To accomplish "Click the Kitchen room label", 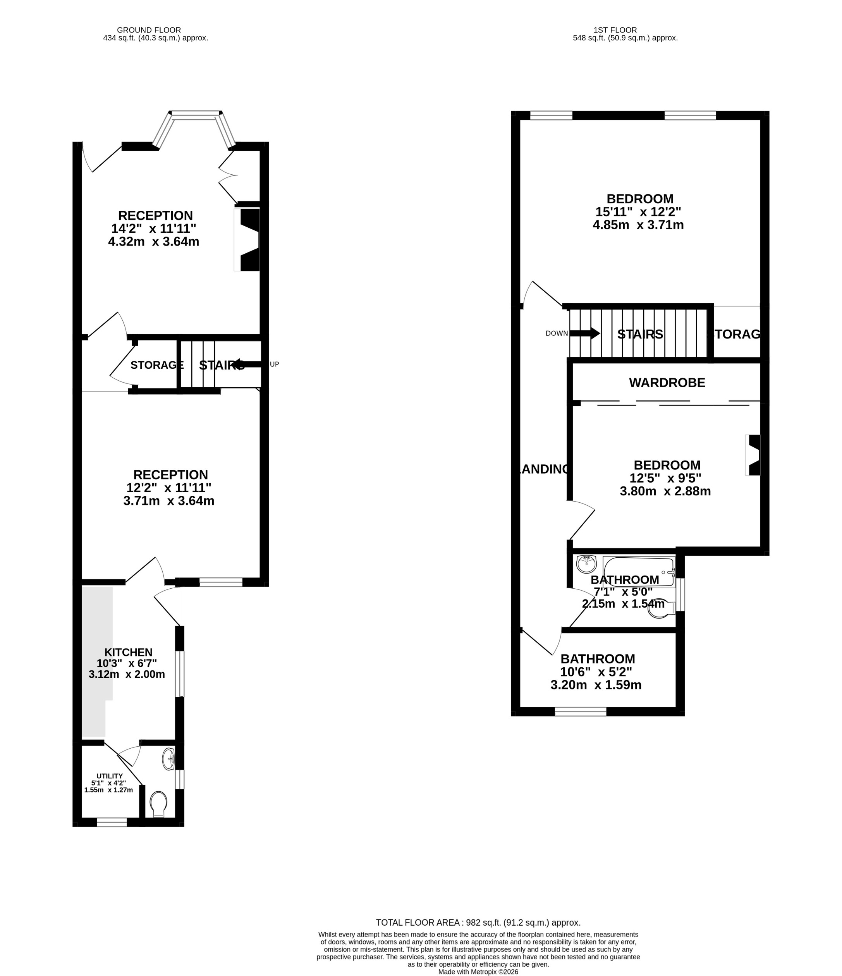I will [128, 652].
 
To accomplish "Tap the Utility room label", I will [109, 776].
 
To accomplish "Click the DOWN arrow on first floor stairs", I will [584, 333].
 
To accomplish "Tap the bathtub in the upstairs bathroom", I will [639, 572].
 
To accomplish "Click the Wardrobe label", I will [667, 383].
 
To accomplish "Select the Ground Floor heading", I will [149, 30].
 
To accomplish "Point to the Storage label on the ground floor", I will [156, 365].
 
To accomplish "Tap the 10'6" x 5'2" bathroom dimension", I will [596, 672].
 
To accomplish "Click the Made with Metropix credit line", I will [478, 972].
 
